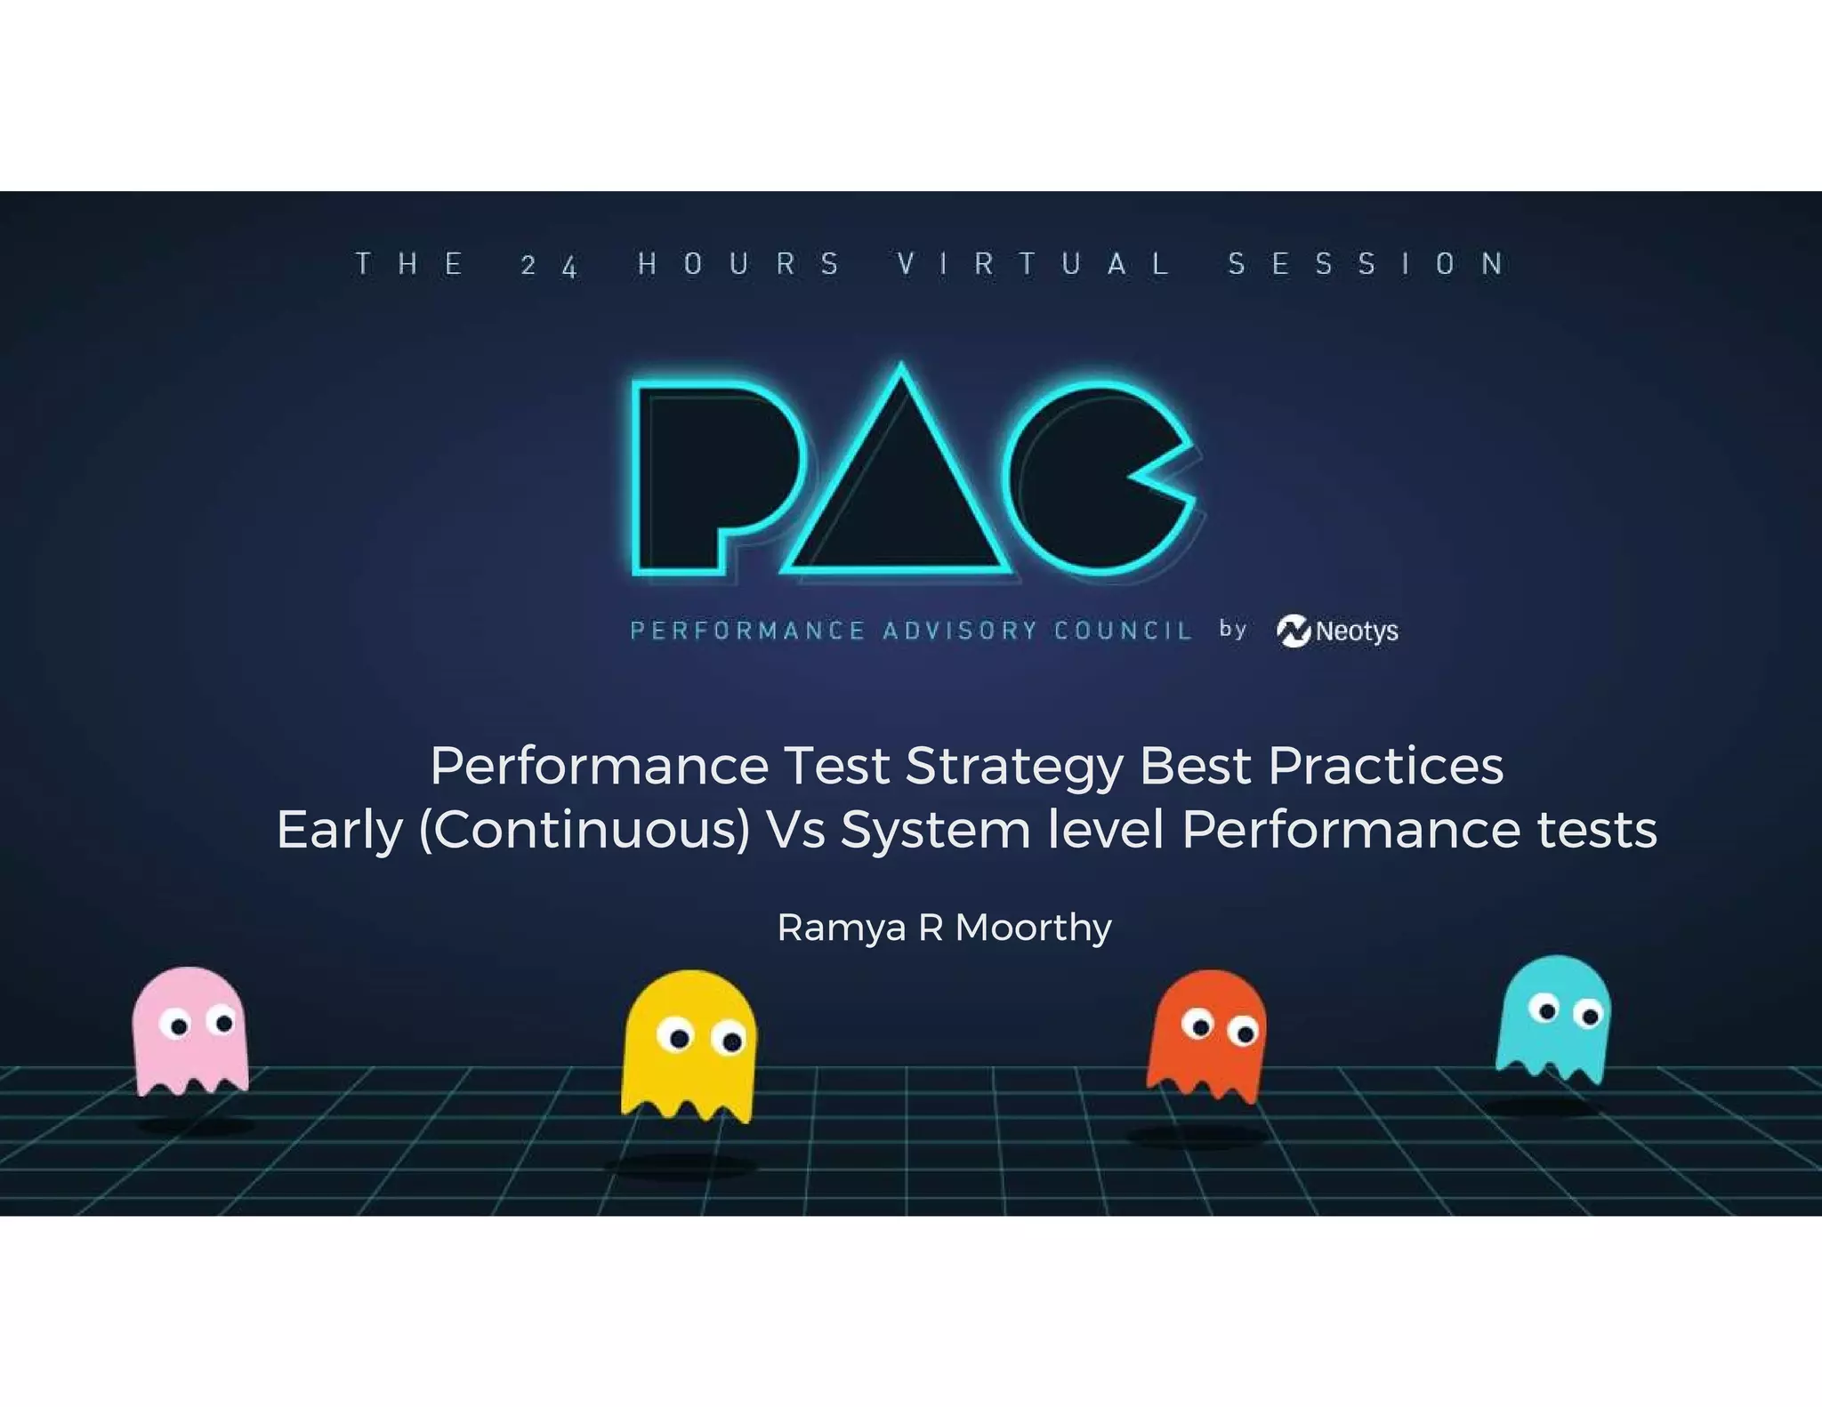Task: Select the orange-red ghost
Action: (1207, 1036)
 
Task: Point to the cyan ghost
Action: (1554, 1018)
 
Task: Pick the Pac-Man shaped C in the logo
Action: (1090, 480)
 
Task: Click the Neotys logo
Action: (1337, 631)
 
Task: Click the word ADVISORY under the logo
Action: (959, 631)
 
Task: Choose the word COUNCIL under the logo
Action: (1123, 631)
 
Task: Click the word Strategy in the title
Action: (1014, 767)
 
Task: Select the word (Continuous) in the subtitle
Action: (584, 830)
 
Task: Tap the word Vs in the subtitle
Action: (795, 830)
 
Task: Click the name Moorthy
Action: (1033, 929)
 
